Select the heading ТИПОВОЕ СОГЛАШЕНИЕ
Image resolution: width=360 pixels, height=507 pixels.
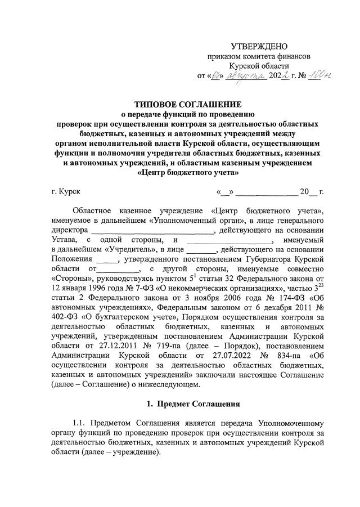coord(188,105)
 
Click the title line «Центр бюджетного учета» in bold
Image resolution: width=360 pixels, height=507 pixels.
coord(187,174)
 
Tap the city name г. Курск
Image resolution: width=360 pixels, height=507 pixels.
coord(65,191)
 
